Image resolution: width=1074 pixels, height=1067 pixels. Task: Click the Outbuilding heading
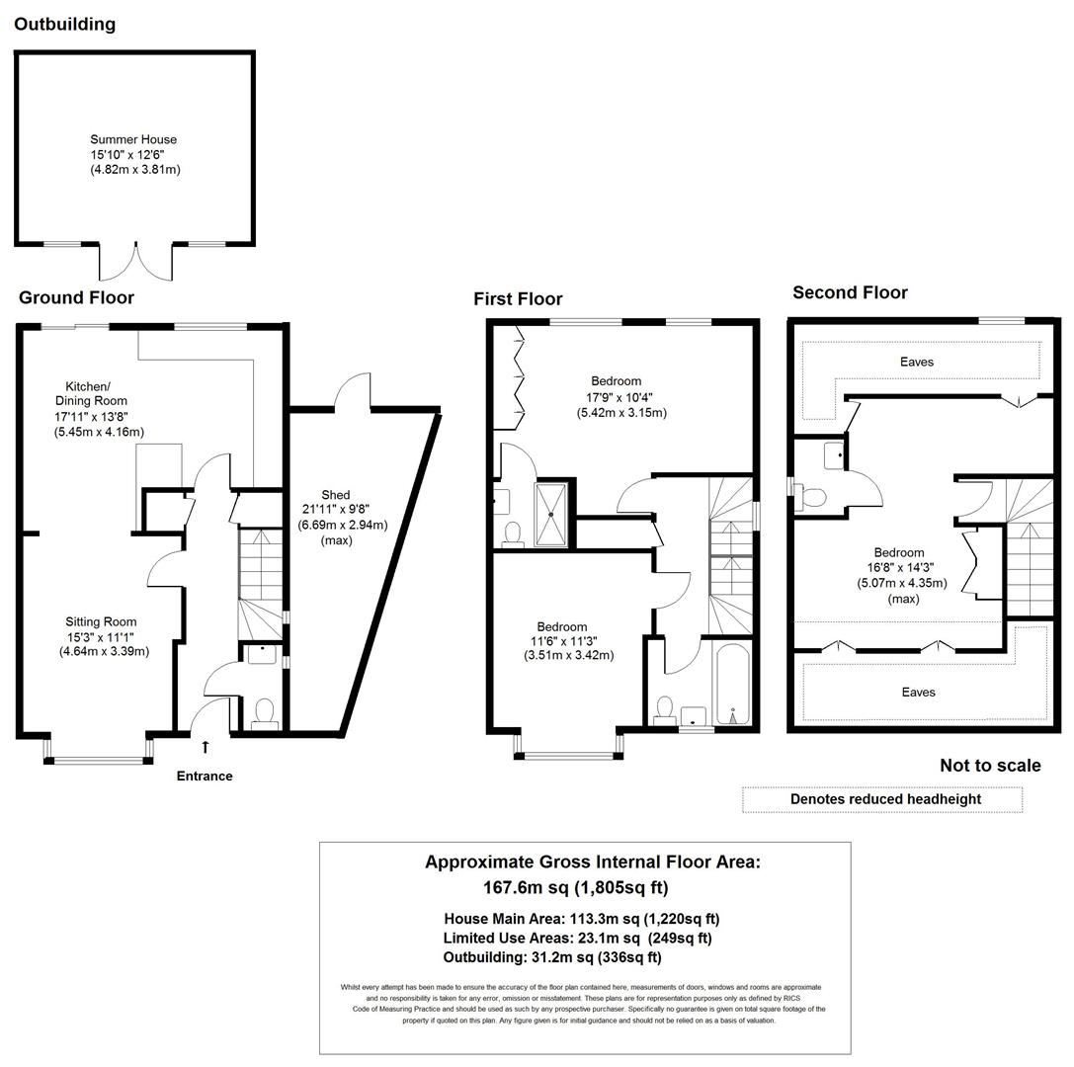pyautogui.click(x=64, y=25)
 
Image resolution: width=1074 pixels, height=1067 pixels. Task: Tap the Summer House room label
pyautogui.click(x=133, y=140)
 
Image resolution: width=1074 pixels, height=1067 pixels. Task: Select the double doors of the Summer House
pyautogui.click(x=137, y=261)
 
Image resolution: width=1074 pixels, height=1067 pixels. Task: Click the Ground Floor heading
pyautogui.click(x=76, y=297)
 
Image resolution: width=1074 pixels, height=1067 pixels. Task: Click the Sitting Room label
pyautogui.click(x=101, y=621)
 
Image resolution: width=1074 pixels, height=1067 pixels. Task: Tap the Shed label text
pyautogui.click(x=335, y=495)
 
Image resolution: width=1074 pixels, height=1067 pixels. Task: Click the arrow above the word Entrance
pyautogui.click(x=206, y=748)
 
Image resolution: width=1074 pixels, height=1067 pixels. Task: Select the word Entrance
pyautogui.click(x=205, y=777)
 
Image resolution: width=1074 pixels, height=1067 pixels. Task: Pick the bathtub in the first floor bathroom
pyautogui.click(x=732, y=685)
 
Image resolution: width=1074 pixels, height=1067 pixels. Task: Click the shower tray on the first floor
pyautogui.click(x=552, y=513)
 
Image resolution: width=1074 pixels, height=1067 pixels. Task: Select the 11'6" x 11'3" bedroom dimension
pyautogui.click(x=562, y=641)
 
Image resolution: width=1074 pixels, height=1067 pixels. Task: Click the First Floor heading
pyautogui.click(x=518, y=299)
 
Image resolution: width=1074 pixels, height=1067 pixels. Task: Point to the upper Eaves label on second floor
pyautogui.click(x=916, y=363)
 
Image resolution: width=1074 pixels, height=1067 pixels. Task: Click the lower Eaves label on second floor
pyautogui.click(x=918, y=693)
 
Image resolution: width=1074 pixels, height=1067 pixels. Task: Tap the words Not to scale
pyautogui.click(x=989, y=766)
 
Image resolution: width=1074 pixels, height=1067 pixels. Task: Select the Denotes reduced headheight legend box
pyautogui.click(x=882, y=799)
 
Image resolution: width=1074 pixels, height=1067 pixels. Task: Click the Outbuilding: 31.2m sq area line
pyautogui.click(x=552, y=957)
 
